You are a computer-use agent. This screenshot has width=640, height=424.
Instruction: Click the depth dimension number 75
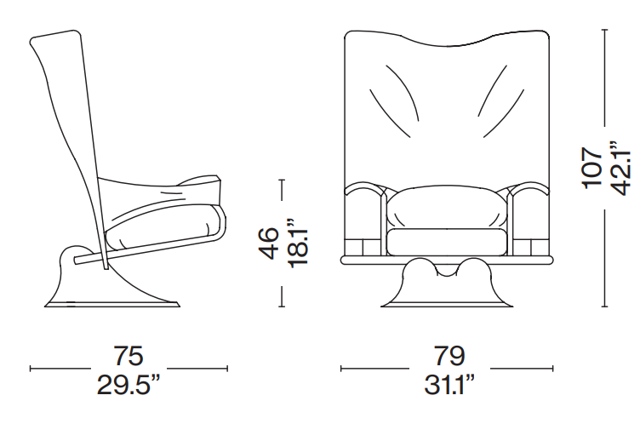(129, 356)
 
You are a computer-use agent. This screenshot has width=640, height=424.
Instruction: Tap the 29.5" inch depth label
(128, 385)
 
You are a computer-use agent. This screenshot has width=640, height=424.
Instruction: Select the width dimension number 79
(449, 356)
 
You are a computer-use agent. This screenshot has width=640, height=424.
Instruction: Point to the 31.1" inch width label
(449, 385)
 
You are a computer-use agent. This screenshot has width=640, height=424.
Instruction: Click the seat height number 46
(270, 244)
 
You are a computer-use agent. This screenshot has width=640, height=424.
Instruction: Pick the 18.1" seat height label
(298, 244)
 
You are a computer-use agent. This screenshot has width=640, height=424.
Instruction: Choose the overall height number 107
(591, 168)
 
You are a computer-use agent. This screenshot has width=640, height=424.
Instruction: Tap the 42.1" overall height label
(620, 168)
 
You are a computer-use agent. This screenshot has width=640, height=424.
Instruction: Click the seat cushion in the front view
(447, 242)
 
